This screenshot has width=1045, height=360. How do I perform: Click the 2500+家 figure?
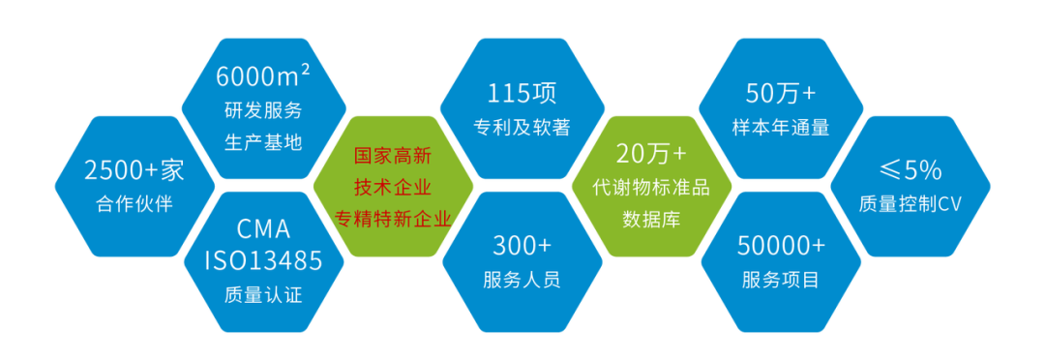point(134,171)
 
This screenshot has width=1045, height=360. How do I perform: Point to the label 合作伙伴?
point(134,204)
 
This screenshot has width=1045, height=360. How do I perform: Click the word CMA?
point(263,230)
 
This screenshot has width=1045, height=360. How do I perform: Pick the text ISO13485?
point(263,259)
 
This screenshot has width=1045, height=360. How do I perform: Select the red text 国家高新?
point(393,155)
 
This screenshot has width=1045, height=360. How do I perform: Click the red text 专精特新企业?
point(393,219)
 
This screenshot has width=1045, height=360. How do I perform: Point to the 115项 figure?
point(522,94)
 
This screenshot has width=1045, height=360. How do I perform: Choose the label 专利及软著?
point(522,128)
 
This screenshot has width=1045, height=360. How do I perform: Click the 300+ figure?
point(522,246)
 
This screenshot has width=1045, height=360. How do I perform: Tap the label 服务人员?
point(522,280)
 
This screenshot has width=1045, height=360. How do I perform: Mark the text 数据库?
point(651,220)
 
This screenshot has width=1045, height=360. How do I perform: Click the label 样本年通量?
point(781,128)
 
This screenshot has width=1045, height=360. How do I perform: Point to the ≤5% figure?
point(911,171)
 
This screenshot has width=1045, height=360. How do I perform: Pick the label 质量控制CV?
point(911,204)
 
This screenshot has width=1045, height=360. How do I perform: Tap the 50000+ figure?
point(781,246)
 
